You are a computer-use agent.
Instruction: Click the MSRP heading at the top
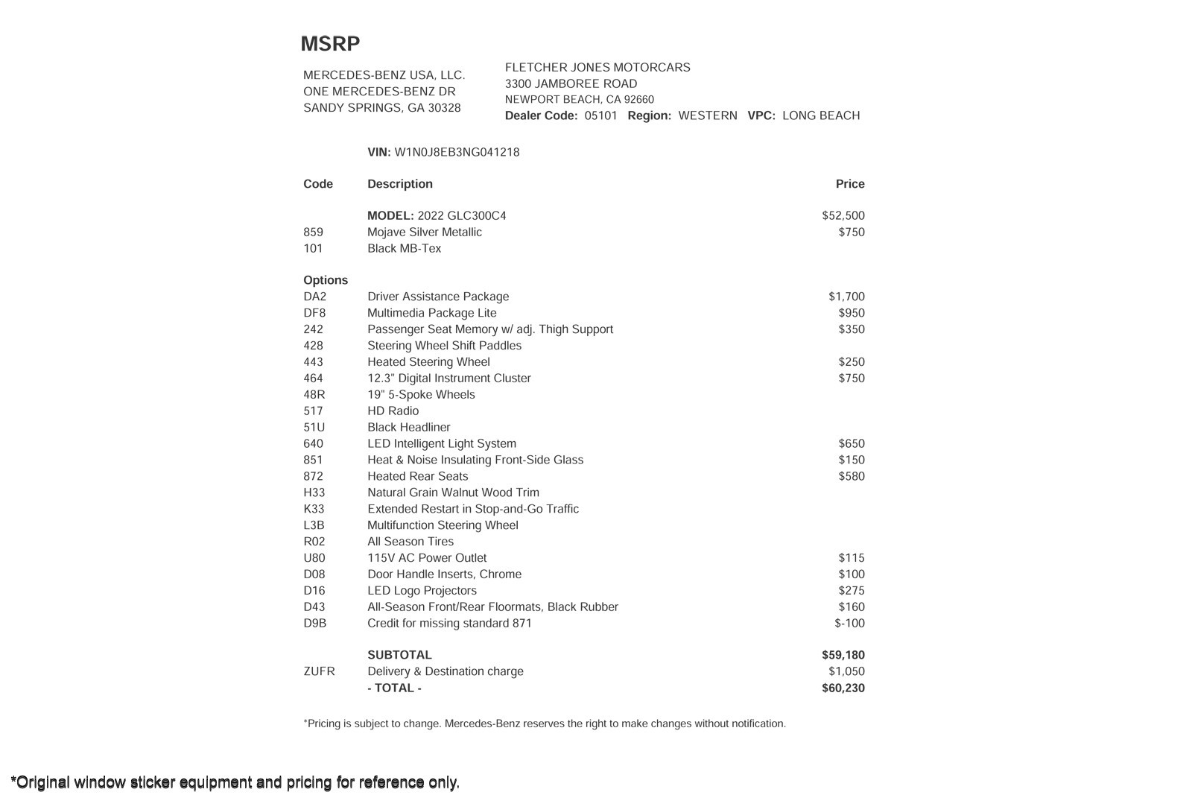[x=330, y=44]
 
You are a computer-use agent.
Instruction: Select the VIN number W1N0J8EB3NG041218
[x=457, y=153]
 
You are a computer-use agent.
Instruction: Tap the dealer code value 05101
[x=600, y=116]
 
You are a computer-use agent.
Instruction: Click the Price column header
[x=849, y=184]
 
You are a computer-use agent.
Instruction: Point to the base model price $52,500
[x=843, y=216]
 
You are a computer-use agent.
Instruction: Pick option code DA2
[x=314, y=297]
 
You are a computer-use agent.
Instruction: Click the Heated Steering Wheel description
[x=428, y=362]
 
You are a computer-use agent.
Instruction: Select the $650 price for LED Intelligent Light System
[x=851, y=444]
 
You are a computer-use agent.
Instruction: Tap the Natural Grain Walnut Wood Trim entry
[x=453, y=492]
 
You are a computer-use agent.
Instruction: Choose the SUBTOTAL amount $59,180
[x=843, y=656]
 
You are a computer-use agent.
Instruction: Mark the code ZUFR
[x=319, y=672]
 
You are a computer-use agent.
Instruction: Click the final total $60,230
[x=843, y=688]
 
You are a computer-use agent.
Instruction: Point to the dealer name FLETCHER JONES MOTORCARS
[x=597, y=68]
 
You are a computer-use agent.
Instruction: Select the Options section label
[x=326, y=281]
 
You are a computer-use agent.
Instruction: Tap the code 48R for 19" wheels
[x=314, y=395]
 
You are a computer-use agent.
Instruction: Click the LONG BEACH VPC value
[x=820, y=116]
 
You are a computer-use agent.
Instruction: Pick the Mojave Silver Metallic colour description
[x=424, y=232]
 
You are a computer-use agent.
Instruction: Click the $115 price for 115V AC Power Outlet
[x=851, y=558]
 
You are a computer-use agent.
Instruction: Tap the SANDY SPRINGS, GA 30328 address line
[x=381, y=108]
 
